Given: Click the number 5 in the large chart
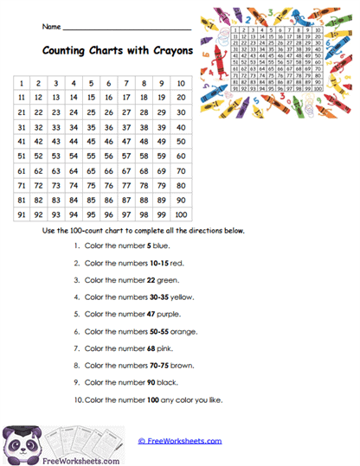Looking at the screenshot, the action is (92, 83).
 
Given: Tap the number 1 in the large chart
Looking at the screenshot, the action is (21, 83).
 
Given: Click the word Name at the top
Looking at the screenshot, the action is (51, 27).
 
